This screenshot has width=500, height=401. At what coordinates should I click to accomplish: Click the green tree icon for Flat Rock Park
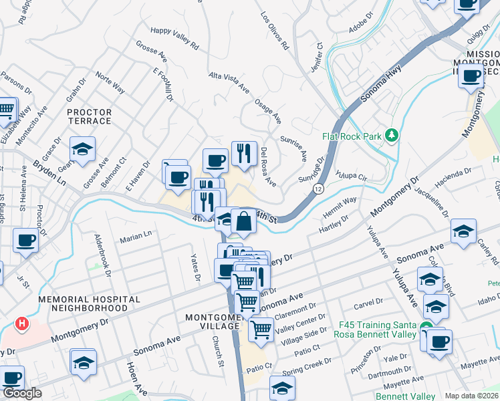392,136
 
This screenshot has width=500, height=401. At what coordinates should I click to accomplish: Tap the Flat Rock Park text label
352,136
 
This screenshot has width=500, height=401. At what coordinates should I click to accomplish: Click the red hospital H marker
22,324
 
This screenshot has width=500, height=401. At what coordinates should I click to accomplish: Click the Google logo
21,393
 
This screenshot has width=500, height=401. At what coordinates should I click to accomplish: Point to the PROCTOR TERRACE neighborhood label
89,116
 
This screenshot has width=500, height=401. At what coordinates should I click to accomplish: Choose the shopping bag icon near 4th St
244,223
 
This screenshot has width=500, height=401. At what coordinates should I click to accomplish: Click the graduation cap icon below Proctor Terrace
82,150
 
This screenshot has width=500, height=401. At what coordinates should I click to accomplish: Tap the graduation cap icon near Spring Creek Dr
283,388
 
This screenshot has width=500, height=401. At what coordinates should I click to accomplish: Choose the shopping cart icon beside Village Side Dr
261,329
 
